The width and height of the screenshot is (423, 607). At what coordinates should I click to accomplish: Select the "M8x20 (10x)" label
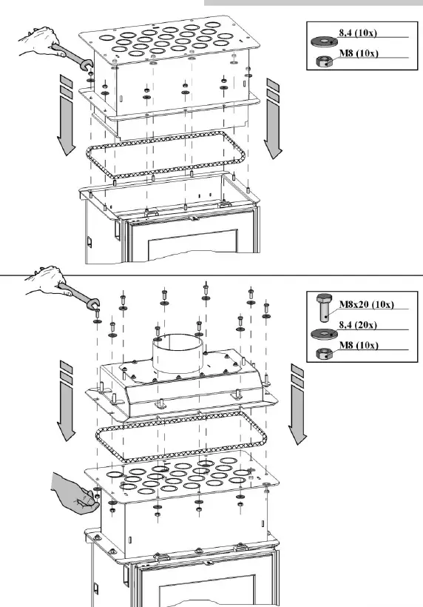point(366,304)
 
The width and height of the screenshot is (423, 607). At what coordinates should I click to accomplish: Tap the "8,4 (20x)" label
point(359,325)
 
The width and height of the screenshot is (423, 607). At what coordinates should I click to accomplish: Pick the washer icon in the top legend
point(323,40)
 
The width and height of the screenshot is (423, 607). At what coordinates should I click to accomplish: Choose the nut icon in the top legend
point(322,61)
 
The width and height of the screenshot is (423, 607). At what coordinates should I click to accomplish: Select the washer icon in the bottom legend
point(323,333)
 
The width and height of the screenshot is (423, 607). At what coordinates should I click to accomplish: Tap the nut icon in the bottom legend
point(322,352)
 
